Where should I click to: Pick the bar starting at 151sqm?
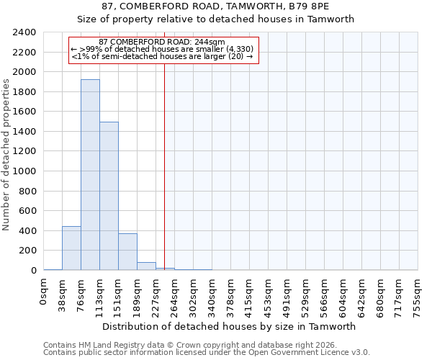point(127,252)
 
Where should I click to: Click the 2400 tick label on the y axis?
point(24,32)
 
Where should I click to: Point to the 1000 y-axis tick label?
point(24,171)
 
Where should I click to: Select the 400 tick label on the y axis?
point(27,231)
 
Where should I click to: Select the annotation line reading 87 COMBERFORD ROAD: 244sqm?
point(162,42)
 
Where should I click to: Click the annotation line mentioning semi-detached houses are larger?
point(162,56)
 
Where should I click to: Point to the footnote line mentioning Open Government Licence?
point(207,353)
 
